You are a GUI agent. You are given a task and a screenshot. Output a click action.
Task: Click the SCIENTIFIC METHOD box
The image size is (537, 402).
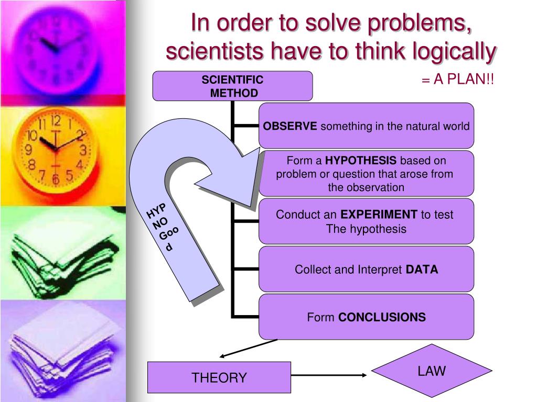coord(232,86)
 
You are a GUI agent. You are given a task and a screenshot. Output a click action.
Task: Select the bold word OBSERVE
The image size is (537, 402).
coord(290,126)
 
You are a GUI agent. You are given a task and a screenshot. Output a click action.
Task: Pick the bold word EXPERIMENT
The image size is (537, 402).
coord(379,215)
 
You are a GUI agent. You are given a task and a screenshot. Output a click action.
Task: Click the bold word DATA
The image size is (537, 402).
coord(422,270)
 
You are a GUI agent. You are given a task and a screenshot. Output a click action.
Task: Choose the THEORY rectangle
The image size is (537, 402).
coord(219,377)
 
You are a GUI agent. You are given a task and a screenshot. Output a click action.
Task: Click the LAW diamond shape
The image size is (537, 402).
coord(432,371)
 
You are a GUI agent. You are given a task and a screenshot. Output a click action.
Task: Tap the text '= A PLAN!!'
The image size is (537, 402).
coord(457,81)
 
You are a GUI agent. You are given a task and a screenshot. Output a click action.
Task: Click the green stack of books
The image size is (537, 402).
coord(63,251)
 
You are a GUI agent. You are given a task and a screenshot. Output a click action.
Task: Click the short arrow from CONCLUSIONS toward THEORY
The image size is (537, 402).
coord(246,348)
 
